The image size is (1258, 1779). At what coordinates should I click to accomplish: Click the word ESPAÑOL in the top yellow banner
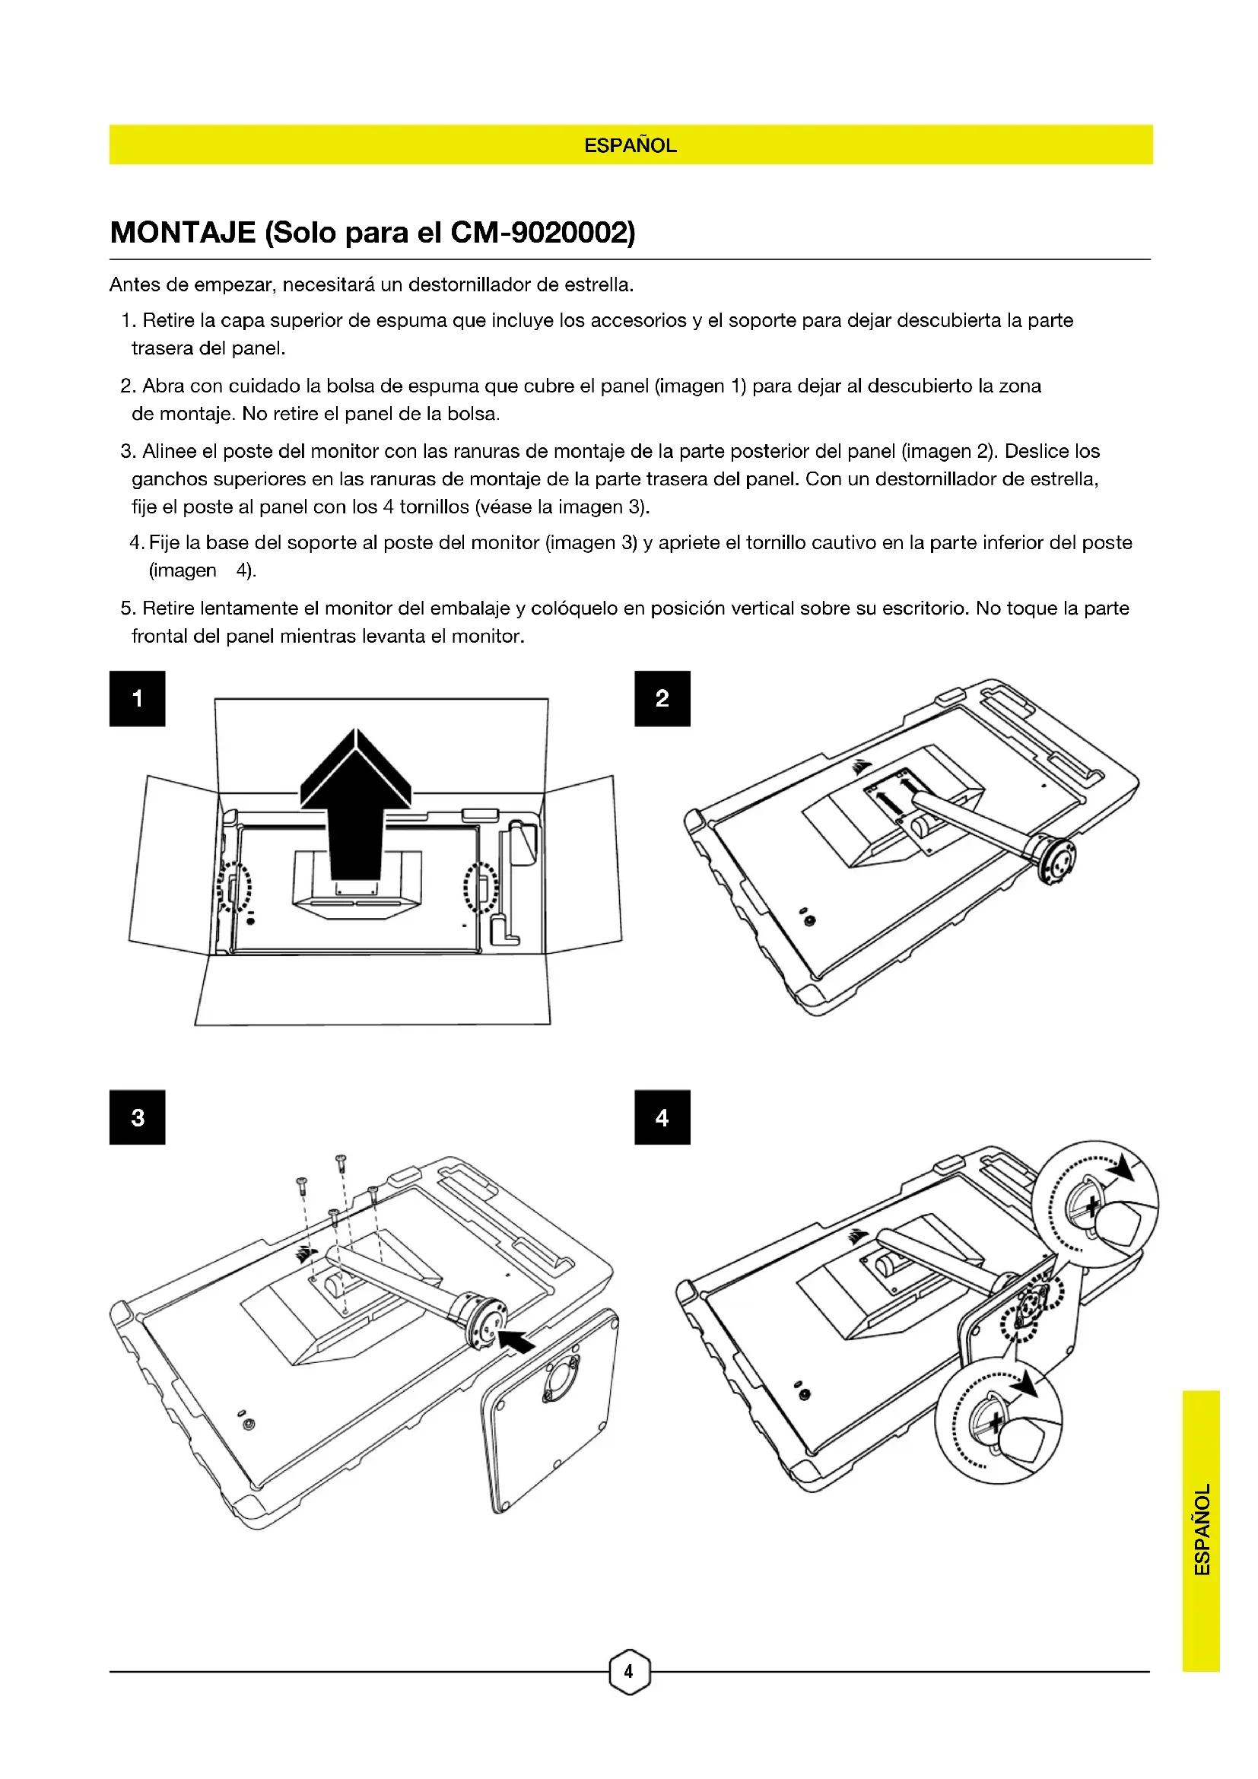pyautogui.click(x=630, y=146)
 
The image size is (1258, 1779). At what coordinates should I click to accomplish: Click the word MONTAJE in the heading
pyautogui.click(x=183, y=233)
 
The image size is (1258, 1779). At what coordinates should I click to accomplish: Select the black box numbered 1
pyautogui.click(x=137, y=698)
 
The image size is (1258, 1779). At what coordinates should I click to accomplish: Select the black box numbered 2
pyautogui.click(x=662, y=698)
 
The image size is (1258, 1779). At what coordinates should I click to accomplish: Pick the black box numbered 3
pyautogui.click(x=137, y=1117)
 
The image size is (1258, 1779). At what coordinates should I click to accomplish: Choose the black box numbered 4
pyautogui.click(x=662, y=1117)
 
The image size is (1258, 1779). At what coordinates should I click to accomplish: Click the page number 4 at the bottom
pyautogui.click(x=629, y=1671)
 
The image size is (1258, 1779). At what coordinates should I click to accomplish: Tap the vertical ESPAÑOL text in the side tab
pyautogui.click(x=1202, y=1530)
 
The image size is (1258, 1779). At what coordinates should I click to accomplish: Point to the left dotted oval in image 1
pyautogui.click(x=234, y=887)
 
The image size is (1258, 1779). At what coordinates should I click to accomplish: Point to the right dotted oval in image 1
pyautogui.click(x=480, y=888)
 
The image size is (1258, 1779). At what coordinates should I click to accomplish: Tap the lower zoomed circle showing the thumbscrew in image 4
pyautogui.click(x=999, y=1420)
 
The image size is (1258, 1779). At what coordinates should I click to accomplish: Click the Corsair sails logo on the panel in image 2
pyautogui.click(x=859, y=768)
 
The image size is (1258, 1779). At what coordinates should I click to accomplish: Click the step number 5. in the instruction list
pyautogui.click(x=128, y=608)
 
